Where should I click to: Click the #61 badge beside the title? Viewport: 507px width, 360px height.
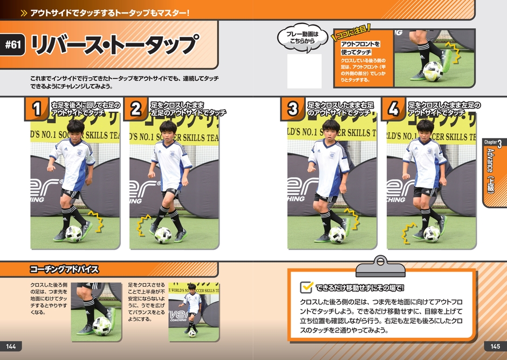click(x=12, y=44)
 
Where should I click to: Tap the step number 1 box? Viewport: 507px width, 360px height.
click(x=37, y=108)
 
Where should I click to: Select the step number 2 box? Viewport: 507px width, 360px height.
click(x=135, y=108)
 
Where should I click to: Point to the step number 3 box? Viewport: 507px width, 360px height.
click(x=293, y=108)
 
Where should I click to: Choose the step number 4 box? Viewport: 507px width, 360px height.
click(x=394, y=108)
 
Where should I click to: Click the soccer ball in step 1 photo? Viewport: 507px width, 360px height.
click(x=74, y=234)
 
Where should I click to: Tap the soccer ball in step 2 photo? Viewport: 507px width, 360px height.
click(x=163, y=235)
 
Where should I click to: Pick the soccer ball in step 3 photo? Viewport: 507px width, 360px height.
click(x=337, y=235)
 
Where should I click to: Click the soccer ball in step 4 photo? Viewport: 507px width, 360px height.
click(x=431, y=234)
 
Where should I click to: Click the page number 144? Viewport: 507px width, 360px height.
click(x=11, y=347)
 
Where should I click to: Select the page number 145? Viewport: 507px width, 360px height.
click(x=495, y=347)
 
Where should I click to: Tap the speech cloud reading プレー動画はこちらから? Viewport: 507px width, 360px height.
click(x=303, y=38)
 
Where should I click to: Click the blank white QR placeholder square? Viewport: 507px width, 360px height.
click(x=304, y=71)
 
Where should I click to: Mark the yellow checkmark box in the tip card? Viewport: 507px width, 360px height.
click(x=306, y=287)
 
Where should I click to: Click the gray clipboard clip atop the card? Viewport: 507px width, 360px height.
click(x=380, y=267)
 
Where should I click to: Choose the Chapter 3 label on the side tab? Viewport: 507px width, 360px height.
click(x=493, y=142)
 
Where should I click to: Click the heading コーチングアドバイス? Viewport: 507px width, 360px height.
click(x=64, y=269)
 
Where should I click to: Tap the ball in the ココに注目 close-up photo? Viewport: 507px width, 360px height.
click(x=433, y=71)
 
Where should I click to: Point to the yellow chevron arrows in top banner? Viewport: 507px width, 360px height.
click(x=24, y=13)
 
